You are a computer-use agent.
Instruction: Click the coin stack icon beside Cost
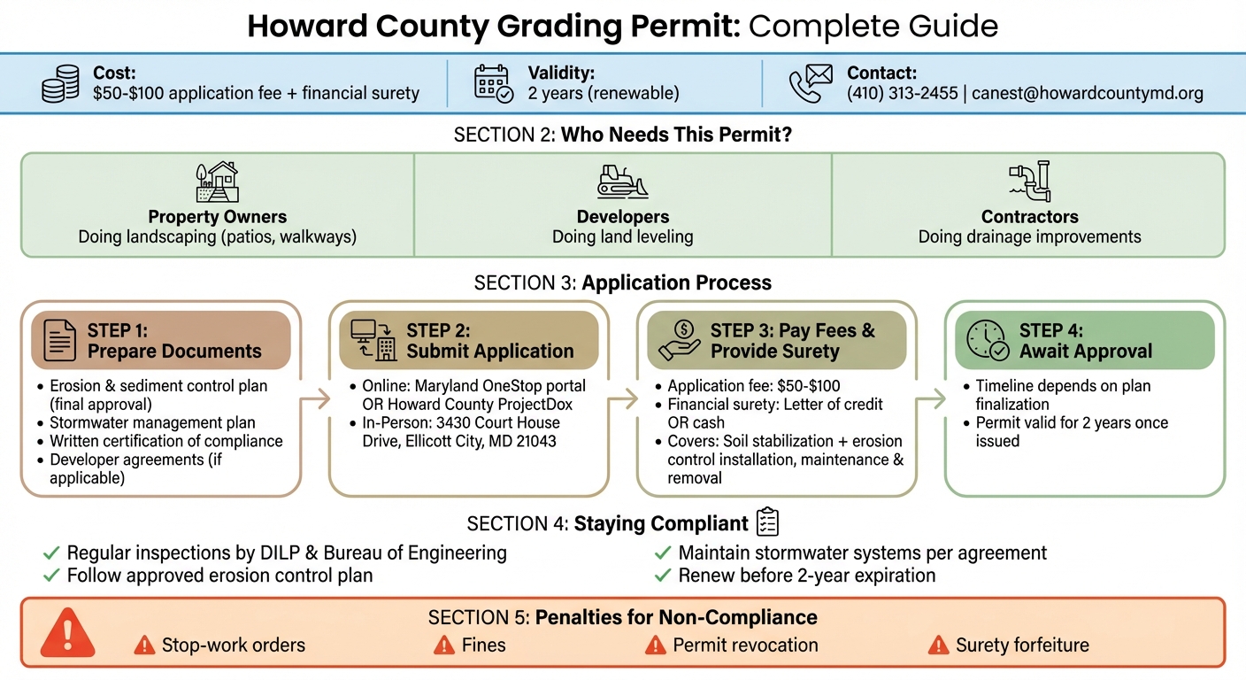[60, 83]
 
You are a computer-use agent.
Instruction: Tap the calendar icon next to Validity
[493, 83]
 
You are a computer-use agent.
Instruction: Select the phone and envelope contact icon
[810, 83]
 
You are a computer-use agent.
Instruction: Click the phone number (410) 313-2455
[902, 93]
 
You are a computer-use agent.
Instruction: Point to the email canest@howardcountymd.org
[1088, 93]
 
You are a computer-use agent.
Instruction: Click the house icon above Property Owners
[217, 182]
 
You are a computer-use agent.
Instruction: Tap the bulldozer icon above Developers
[622, 181]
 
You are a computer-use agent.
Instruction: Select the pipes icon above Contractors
[1029, 182]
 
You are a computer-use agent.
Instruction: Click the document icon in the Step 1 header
[59, 340]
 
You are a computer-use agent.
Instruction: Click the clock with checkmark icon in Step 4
[988, 341]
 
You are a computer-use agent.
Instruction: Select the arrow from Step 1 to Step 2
[315, 399]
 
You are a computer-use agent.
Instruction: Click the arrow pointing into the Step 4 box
[928, 399]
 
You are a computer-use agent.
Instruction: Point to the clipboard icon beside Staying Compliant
[766, 522]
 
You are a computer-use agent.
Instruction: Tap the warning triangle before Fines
[444, 645]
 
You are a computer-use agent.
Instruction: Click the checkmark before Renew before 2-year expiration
[662, 576]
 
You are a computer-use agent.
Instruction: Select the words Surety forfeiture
[1022, 645]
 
